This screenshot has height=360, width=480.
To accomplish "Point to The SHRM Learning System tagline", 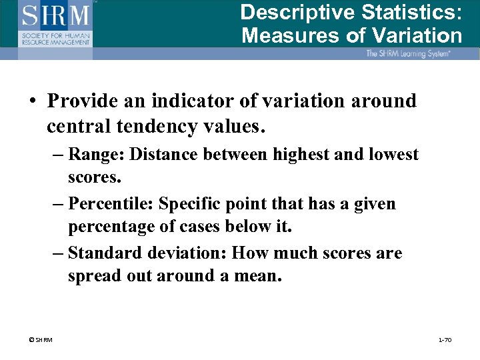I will coord(408,53).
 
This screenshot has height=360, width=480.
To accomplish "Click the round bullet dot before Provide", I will coord(32,101).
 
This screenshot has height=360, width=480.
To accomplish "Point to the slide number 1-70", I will coord(444,340).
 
